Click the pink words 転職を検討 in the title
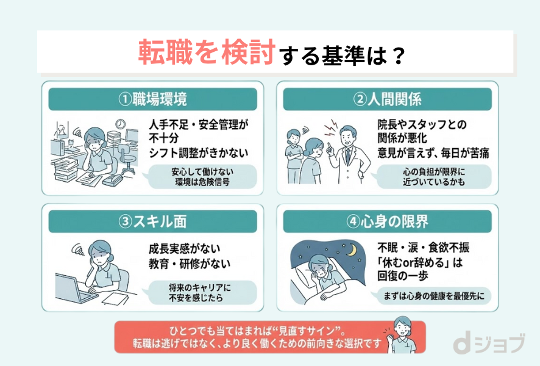click(206, 53)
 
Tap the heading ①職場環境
click(152, 99)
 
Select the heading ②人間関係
click(388, 99)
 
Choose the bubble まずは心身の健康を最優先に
click(434, 296)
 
